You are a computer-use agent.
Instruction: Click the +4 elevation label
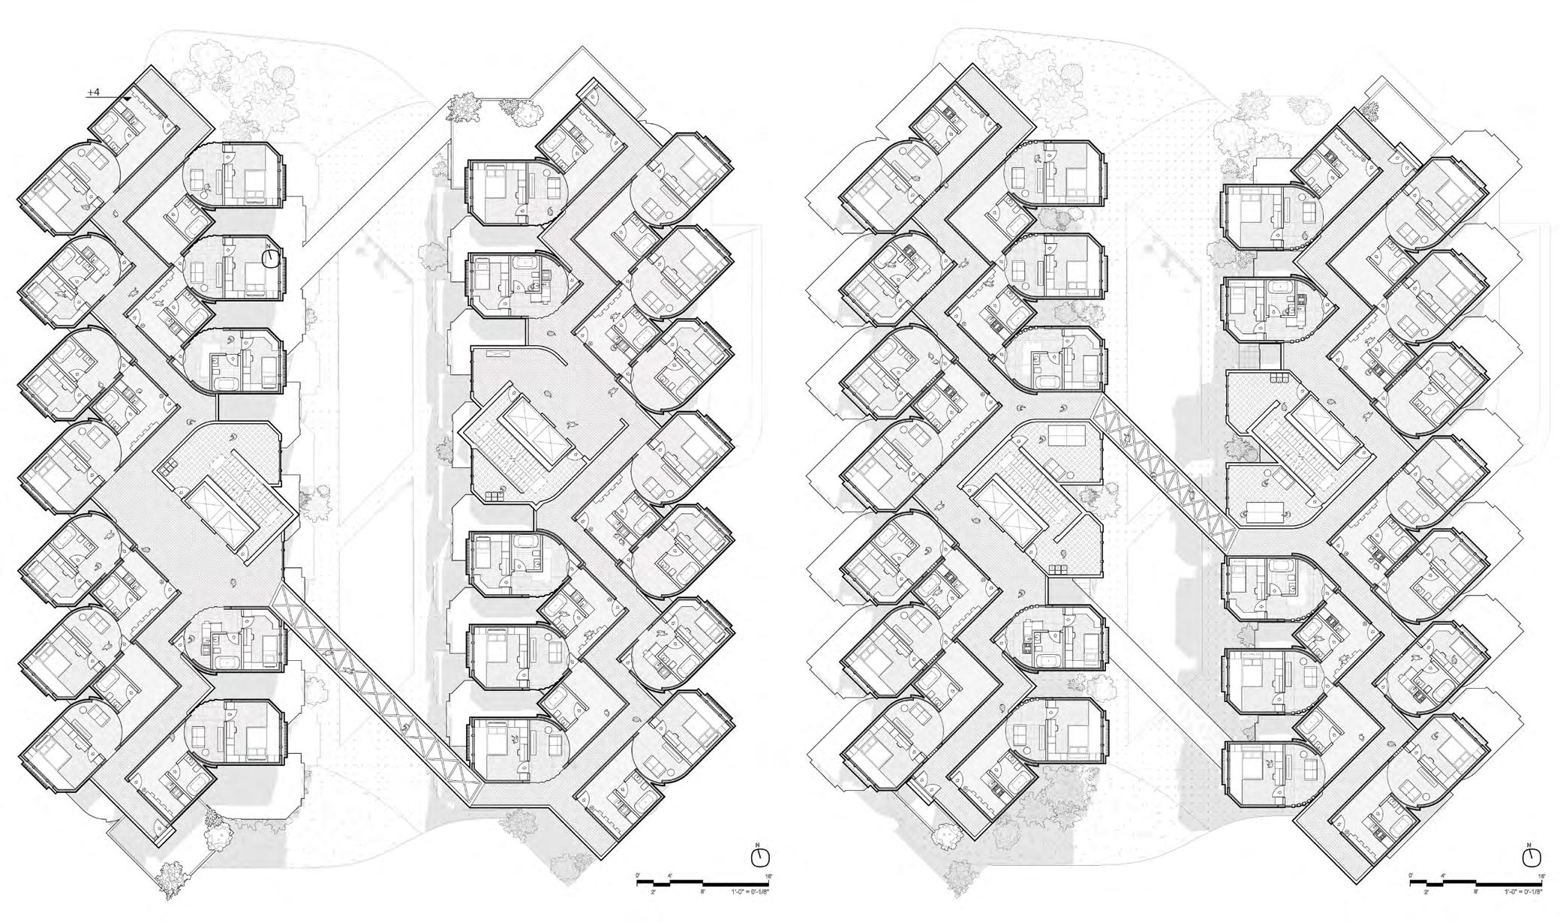pos(93,92)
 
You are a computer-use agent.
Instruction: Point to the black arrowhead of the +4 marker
pos(128,98)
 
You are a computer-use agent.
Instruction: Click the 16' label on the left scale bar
pos(767,875)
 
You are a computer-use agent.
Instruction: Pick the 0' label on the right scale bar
pos(1411,875)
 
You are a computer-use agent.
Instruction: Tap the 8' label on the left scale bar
pos(702,892)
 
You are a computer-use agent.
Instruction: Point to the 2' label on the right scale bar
pos(1426,892)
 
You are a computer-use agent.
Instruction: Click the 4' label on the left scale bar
pos(669,875)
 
